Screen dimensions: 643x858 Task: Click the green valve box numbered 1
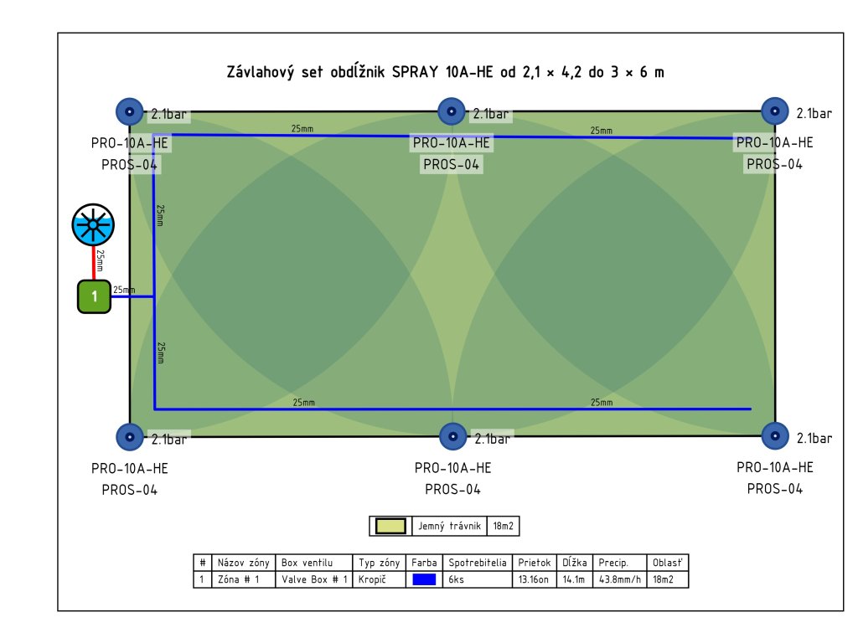95,296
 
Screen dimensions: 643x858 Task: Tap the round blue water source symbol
92,224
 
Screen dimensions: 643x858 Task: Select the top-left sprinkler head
129,111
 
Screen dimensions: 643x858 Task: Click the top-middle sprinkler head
452,111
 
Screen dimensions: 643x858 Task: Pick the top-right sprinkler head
775,111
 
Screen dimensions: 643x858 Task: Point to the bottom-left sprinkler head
129,436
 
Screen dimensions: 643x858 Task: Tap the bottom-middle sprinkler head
452,436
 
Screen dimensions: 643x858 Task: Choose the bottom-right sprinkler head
775,436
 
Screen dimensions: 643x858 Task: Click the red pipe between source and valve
94,263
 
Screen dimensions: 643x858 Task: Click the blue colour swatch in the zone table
424,579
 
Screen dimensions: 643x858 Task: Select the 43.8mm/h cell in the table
620,579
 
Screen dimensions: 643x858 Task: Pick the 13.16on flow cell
532,579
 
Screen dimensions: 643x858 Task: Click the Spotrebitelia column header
478,563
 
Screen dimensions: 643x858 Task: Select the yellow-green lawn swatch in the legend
390,526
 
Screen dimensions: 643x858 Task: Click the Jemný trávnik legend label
449,526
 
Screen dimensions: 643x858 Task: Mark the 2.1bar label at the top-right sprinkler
814,113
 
